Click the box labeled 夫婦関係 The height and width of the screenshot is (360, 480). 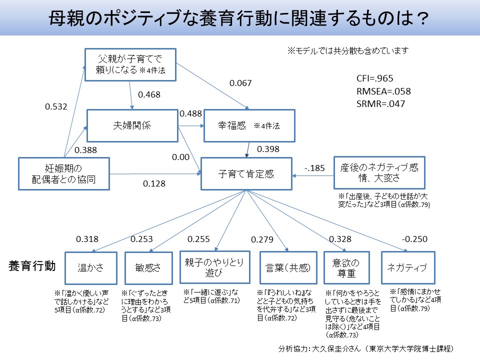[x=133, y=125]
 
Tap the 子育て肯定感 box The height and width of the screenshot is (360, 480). [x=246, y=174]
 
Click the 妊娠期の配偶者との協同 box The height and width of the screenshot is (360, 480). [x=63, y=174]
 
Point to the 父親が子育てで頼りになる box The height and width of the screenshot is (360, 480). [x=130, y=65]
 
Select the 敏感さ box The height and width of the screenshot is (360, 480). [x=148, y=268]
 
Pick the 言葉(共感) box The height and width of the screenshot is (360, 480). [x=288, y=268]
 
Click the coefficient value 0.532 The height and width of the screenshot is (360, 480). [x=56, y=106]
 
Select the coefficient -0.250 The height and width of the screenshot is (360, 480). [x=414, y=239]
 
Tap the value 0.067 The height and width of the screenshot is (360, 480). [x=240, y=83]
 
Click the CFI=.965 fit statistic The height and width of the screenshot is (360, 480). [x=375, y=79]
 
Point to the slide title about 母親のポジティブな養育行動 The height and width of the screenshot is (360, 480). [x=239, y=19]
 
